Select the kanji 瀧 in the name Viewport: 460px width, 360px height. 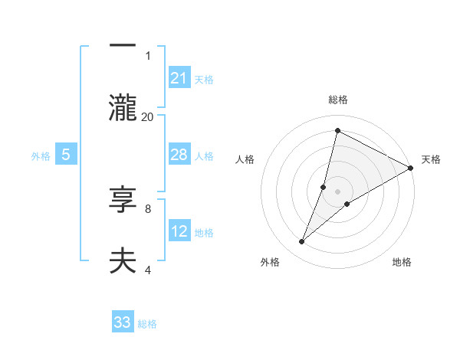pyautogui.click(x=123, y=106)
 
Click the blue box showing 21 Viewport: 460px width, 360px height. pyautogui.click(x=179, y=77)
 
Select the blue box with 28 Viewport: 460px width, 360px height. pyautogui.click(x=179, y=155)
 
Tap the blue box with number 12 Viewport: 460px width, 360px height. pyautogui.click(x=179, y=231)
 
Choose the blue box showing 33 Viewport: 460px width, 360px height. pyautogui.click(x=123, y=322)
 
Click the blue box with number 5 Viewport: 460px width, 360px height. pyautogui.click(x=66, y=155)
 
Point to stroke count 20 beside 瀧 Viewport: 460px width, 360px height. pyautogui.click(x=148, y=116)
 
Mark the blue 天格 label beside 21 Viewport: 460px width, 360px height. pyautogui.click(x=204, y=79)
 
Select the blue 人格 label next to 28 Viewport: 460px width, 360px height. pyautogui.click(x=204, y=156)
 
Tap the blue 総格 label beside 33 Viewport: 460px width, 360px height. pyautogui.click(x=147, y=324)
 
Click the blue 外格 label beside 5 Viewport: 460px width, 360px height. pyautogui.click(x=41, y=156)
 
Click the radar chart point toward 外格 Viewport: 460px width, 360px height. pyautogui.click(x=302, y=242)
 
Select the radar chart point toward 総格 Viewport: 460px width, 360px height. pyautogui.click(x=337, y=131)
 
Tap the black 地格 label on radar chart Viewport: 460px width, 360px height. pyautogui.click(x=402, y=262)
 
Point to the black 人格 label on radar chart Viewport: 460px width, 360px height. pyautogui.click(x=245, y=159)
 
